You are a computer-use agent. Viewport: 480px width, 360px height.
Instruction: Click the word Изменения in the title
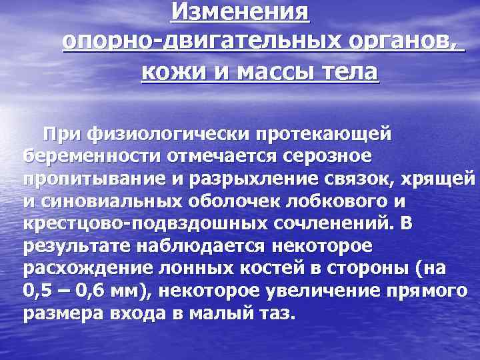(x=240, y=11)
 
